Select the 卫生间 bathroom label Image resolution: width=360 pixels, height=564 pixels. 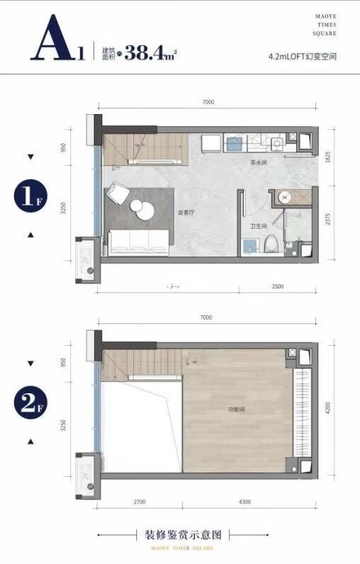(258, 226)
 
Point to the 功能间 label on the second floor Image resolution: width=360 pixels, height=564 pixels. (236, 410)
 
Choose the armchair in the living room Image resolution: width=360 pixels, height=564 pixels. (118, 192)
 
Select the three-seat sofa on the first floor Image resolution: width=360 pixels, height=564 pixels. (138, 242)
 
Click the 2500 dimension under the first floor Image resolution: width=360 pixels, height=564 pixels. (278, 286)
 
